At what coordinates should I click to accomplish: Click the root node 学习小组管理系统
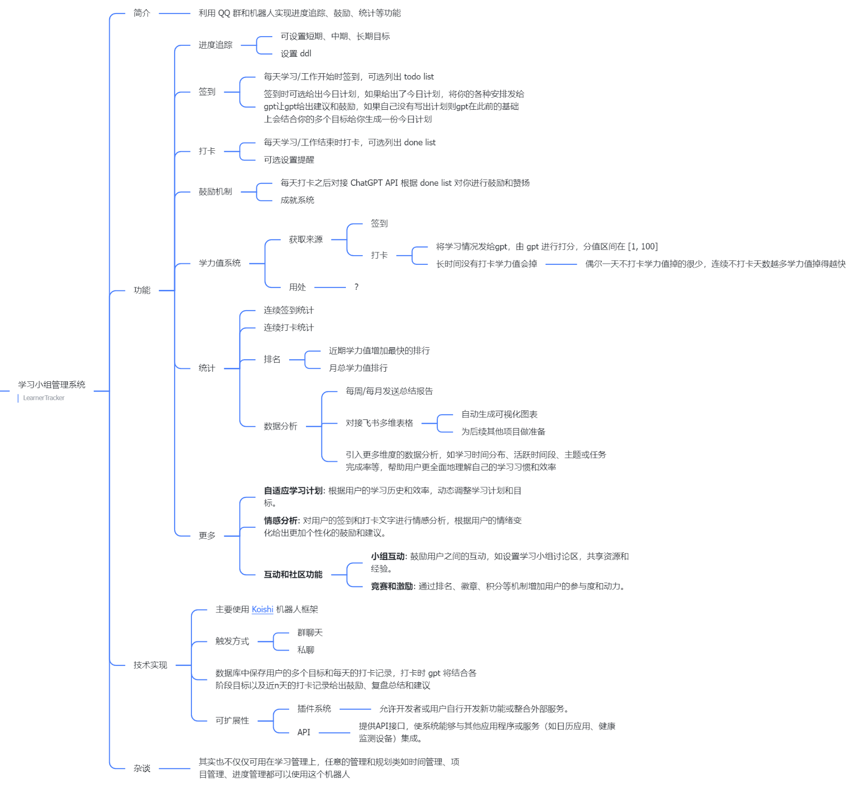(51, 385)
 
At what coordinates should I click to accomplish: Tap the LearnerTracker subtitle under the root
(44, 398)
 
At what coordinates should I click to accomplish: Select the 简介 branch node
(142, 13)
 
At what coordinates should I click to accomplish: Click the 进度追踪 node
(215, 45)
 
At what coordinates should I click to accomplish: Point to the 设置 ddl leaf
(296, 53)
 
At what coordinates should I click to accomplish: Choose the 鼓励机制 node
(215, 192)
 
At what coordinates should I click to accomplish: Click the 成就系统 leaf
(297, 200)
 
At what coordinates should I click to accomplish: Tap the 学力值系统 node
(219, 263)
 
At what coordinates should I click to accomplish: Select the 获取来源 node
(305, 239)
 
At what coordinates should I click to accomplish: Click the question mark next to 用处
(356, 287)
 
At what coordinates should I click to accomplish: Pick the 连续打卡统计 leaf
(289, 327)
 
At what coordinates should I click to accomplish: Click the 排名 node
(272, 359)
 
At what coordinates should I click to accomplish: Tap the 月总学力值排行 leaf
(358, 368)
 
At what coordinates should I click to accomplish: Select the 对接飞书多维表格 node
(379, 423)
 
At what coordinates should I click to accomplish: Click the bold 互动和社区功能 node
(293, 574)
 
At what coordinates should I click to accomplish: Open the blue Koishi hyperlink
(262, 610)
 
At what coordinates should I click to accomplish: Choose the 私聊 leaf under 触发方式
(305, 650)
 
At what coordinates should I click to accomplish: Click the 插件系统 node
(314, 709)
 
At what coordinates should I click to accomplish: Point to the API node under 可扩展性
(304, 732)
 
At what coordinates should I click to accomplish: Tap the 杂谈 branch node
(142, 769)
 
